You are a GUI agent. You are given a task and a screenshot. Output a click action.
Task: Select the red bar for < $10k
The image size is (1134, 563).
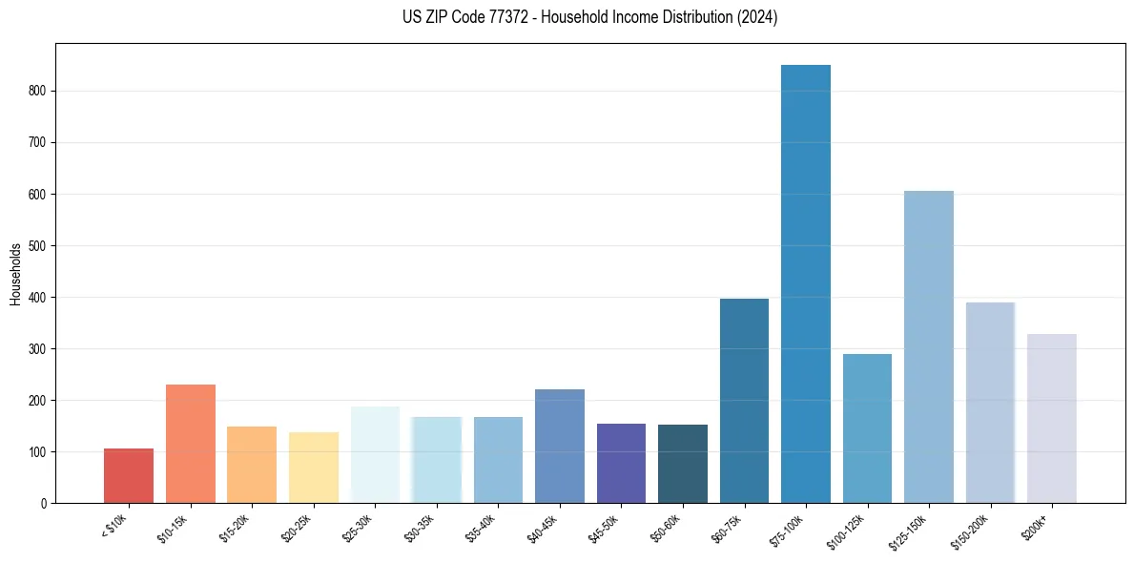(x=129, y=475)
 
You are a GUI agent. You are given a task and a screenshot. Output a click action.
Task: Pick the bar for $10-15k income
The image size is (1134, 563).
(x=191, y=444)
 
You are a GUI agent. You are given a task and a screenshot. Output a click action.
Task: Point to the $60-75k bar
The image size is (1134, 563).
(x=744, y=401)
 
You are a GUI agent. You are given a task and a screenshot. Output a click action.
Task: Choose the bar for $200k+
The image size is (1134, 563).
(x=1052, y=418)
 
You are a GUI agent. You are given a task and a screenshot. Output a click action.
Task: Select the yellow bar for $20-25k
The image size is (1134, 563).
(x=314, y=468)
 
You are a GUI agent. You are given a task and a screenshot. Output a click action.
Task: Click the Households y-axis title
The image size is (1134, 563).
(x=15, y=273)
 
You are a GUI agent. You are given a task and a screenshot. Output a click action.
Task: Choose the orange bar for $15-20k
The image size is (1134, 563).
(x=252, y=465)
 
